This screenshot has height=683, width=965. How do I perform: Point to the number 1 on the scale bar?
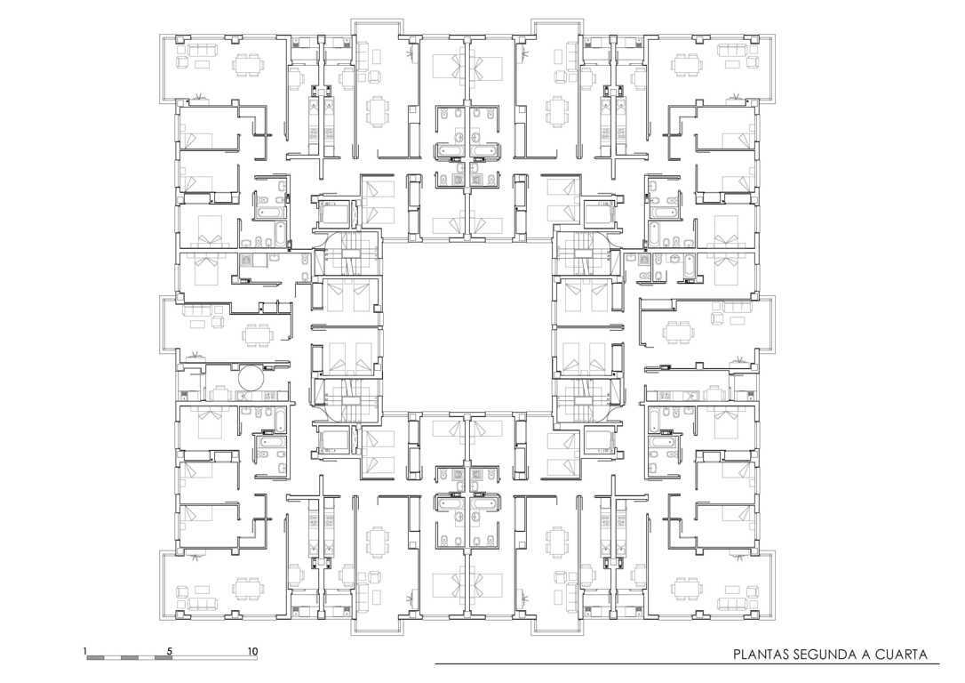(85, 651)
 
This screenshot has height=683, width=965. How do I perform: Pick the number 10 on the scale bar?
(252, 651)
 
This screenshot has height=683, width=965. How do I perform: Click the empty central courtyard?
(467, 325)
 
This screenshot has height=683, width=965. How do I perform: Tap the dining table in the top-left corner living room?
(249, 64)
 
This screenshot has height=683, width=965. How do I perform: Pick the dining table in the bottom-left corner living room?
(249, 588)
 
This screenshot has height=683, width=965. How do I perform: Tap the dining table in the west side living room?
(258, 335)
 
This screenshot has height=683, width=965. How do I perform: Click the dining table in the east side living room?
(678, 333)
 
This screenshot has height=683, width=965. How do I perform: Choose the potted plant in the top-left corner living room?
(198, 96)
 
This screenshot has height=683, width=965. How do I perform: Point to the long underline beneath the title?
(687, 664)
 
